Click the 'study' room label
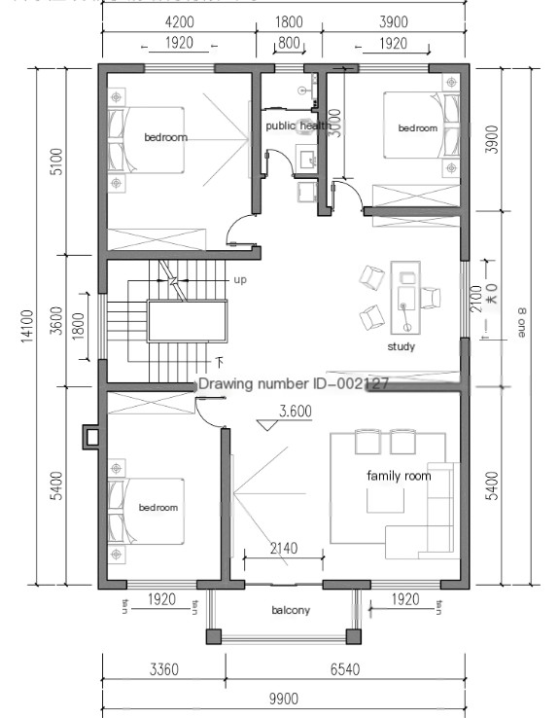[x=402, y=346]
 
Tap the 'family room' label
[x=398, y=476]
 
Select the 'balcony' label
[x=291, y=610]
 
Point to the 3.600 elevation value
[x=295, y=412]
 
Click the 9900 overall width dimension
[x=284, y=699]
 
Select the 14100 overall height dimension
[x=28, y=328]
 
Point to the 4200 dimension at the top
[x=178, y=20]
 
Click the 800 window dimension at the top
[x=289, y=43]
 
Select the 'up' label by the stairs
[x=240, y=279]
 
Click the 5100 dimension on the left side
[x=55, y=160]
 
